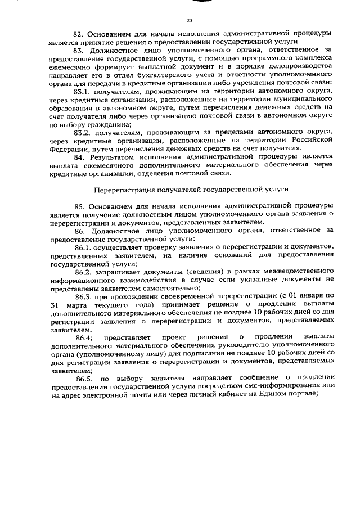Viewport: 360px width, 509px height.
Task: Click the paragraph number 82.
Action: (x=79, y=34)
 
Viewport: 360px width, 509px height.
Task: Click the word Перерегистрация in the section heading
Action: (x=124, y=189)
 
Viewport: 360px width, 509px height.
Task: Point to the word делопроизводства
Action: (x=304, y=66)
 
